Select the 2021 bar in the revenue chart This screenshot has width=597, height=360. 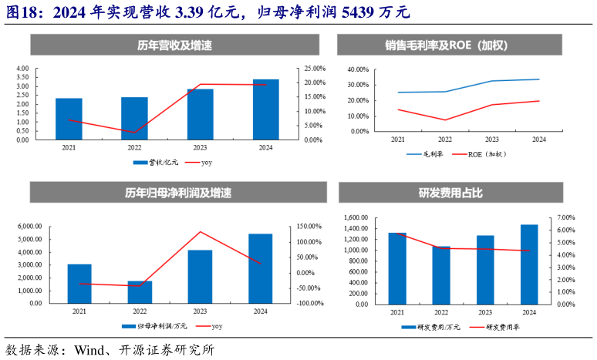point(69,119)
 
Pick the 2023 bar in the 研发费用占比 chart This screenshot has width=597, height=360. point(485,269)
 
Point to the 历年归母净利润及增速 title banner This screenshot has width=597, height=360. point(168,193)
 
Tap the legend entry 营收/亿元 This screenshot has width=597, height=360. point(163,163)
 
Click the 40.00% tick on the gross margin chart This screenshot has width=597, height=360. point(358,69)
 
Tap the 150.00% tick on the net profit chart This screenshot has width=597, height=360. point(309,227)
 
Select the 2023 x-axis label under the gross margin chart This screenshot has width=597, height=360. point(491,140)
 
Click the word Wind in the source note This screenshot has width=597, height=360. point(89,349)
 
